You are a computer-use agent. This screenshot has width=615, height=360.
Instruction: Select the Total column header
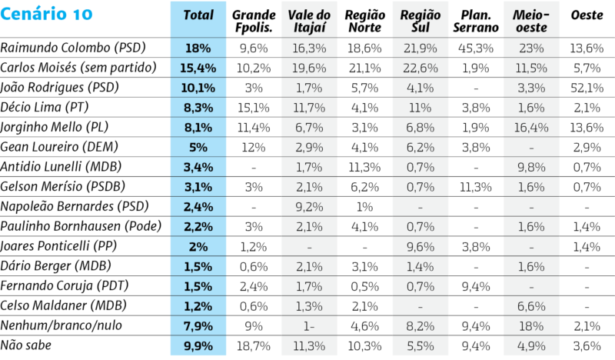pos(198,16)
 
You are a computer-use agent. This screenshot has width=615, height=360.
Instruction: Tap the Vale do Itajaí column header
pos(310,22)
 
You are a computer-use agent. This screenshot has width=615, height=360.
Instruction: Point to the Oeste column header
pos(587,16)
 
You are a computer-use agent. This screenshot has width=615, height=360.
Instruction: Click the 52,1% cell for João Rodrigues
pos(587,87)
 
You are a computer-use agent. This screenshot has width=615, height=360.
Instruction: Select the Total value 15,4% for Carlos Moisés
pos(198,68)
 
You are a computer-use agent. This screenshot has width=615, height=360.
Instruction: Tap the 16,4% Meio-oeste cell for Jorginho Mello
pos(530,127)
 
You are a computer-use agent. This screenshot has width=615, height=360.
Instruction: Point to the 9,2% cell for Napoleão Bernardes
pos(310,207)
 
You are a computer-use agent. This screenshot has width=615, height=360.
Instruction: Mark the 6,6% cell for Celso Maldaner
pos(530,306)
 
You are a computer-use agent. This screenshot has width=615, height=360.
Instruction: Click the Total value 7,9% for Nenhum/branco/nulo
pos(198,326)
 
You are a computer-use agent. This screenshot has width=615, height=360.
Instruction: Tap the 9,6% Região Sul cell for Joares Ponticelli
pos(419,247)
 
